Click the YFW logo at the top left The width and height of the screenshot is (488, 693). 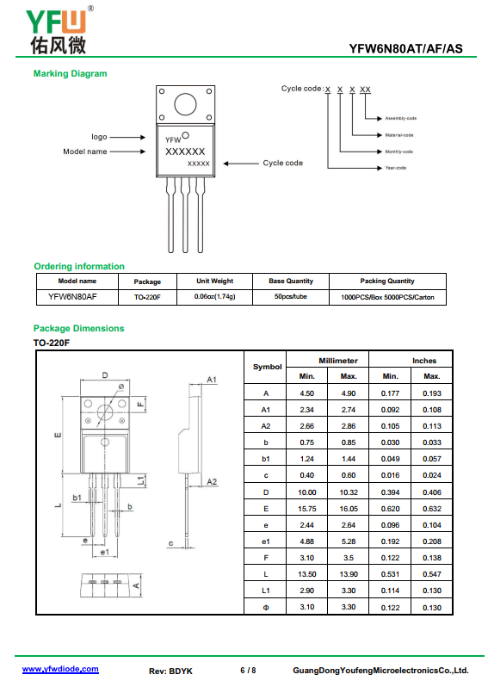(x=59, y=30)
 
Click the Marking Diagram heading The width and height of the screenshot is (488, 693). (x=71, y=74)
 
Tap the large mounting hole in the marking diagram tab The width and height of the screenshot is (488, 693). (x=185, y=104)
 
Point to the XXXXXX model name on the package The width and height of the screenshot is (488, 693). (x=185, y=152)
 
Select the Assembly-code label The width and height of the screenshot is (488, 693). (x=400, y=119)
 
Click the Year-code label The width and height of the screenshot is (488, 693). (x=395, y=168)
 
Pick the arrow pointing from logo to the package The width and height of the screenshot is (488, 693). (x=127, y=138)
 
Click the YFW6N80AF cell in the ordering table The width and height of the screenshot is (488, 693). (x=72, y=296)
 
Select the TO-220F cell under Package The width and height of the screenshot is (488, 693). (x=147, y=298)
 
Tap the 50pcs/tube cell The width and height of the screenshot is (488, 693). (x=290, y=296)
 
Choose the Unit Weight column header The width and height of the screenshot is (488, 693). (x=215, y=282)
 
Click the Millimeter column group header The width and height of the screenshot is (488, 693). (x=338, y=361)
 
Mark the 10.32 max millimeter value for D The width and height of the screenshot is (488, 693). (x=349, y=492)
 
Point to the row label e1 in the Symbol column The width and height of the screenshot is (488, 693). (x=266, y=541)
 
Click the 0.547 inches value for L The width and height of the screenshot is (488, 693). (x=432, y=574)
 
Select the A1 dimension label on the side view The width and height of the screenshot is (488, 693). (x=212, y=380)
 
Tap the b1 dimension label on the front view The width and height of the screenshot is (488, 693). (x=77, y=498)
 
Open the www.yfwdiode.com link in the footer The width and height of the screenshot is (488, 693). (x=60, y=669)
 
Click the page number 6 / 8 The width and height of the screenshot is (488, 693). (x=248, y=671)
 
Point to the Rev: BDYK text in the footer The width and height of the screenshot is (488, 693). (x=170, y=671)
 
